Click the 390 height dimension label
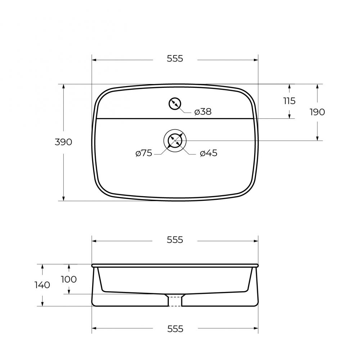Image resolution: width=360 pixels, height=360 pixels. tap(63, 142)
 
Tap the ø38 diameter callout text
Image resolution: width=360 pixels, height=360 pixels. tap(203, 112)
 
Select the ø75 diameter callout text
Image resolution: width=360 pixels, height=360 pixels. tap(144, 153)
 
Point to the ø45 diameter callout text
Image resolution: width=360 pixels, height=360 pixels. tap(208, 153)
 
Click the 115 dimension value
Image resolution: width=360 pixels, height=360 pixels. tap(289, 101)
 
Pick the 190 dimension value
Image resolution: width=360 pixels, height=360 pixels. tap(317, 112)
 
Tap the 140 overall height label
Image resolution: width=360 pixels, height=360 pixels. tap(42, 285)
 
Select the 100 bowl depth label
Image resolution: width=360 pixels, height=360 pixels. tap(69, 279)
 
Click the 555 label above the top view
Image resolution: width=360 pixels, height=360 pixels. tap(175, 59)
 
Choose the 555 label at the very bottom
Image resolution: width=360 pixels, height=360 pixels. tap(175, 329)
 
